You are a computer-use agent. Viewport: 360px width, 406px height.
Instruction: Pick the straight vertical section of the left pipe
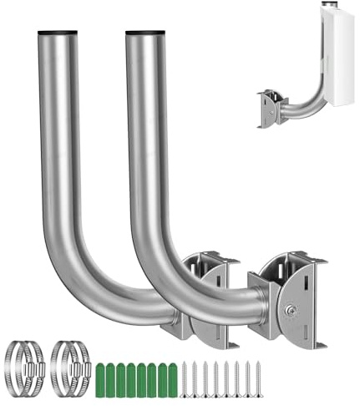[x=59, y=142]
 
